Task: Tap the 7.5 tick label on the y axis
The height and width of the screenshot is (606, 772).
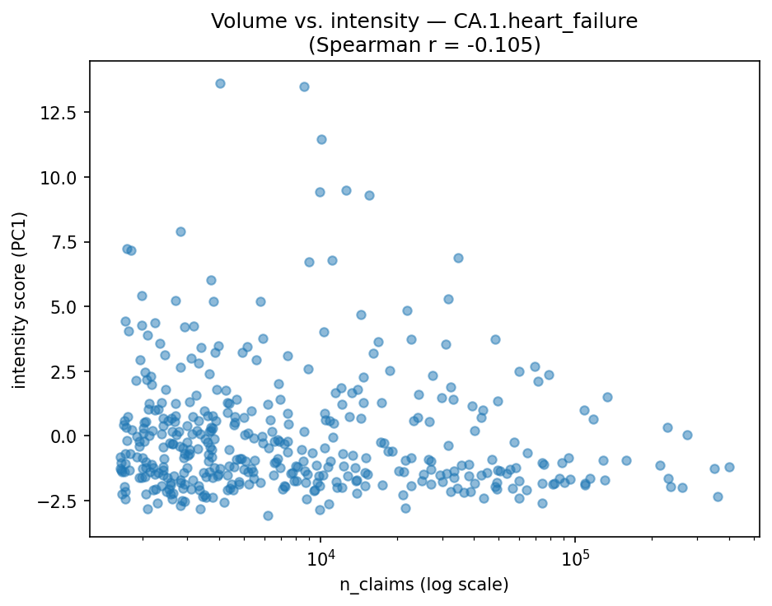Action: pos(68,242)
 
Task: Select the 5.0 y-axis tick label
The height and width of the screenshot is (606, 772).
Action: pos(68,307)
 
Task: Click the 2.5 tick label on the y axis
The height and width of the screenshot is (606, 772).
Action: pos(68,371)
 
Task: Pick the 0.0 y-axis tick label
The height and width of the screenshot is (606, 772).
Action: pos(68,436)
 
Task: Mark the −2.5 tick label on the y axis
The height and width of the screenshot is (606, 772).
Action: pos(63,501)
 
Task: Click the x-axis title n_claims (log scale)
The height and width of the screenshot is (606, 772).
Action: pos(424,585)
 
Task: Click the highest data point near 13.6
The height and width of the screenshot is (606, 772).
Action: pos(220,83)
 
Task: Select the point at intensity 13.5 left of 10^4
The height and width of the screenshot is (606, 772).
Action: pos(304,86)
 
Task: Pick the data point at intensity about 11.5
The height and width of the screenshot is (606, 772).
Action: pos(321,139)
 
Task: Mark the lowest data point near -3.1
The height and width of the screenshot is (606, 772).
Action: pos(268,515)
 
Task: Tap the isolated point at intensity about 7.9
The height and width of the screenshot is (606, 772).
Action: pos(180,231)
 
